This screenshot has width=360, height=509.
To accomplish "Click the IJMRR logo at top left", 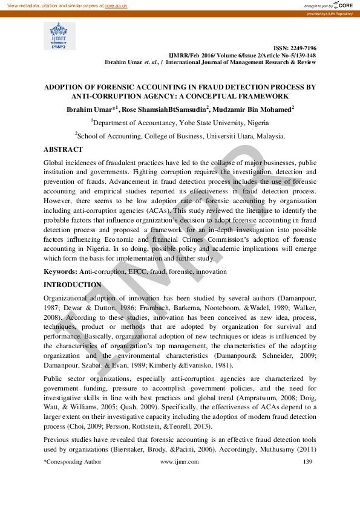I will tap(59, 36).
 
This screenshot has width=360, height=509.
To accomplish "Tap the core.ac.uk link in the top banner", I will tap(116, 5).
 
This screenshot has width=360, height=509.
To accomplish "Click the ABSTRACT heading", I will tap(63, 149).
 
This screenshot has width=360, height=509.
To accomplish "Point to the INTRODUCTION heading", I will tap(73, 285).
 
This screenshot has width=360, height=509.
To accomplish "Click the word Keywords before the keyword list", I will tap(59, 272).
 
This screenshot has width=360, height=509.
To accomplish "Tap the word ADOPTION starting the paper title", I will tap(67, 87).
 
